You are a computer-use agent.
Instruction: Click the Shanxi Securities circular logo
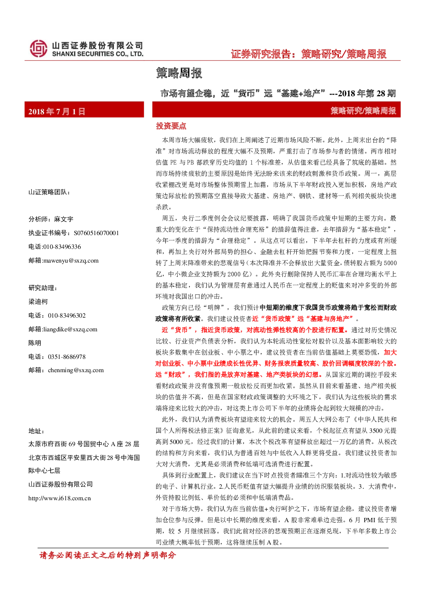tap(39, 49)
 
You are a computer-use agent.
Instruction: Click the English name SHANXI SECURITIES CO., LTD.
tap(97, 54)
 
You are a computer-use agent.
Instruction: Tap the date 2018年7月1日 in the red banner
tap(57, 111)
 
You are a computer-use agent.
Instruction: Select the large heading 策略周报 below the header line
tap(179, 73)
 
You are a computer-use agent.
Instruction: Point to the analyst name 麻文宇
tap(64, 219)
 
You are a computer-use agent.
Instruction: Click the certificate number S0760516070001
tap(96, 233)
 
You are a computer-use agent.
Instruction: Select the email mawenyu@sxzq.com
tap(71, 260)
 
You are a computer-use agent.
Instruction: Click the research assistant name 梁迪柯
tap(38, 302)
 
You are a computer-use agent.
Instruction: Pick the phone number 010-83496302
tap(67, 315)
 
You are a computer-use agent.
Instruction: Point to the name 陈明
tap(35, 343)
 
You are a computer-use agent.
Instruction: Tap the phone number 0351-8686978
tap(67, 357)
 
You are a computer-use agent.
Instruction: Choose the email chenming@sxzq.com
tap(76, 370)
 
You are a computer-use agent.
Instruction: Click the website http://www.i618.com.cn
tap(59, 498)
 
